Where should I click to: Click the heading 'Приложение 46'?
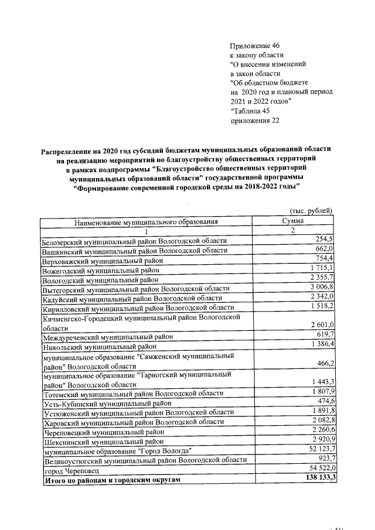(x=255, y=46)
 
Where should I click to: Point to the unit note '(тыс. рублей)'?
(x=311, y=211)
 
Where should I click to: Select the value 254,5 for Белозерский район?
(x=323, y=240)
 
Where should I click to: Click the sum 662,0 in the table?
(x=323, y=249)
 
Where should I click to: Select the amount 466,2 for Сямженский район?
(x=323, y=364)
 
